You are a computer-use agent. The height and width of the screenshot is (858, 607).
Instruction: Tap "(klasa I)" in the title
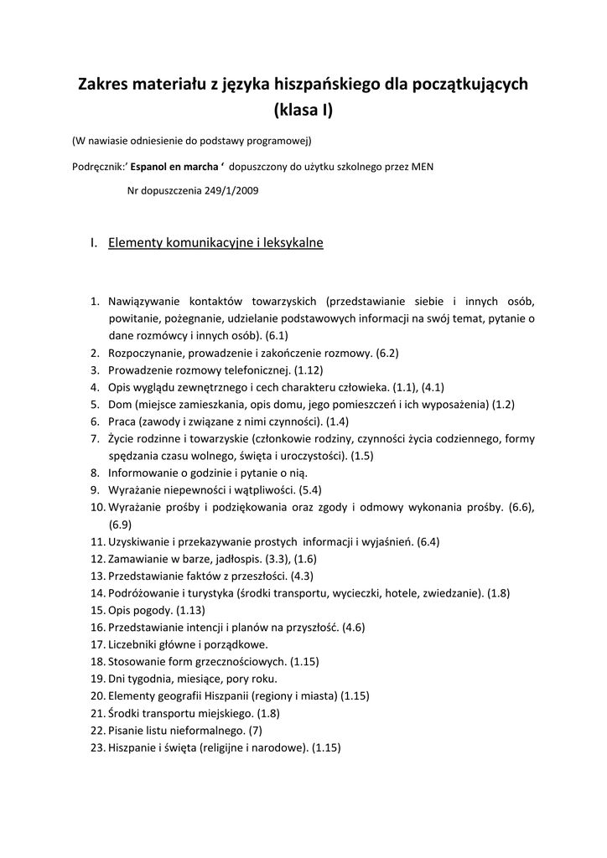pos(303,111)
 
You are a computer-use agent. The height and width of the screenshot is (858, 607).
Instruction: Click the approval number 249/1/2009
pos(226,190)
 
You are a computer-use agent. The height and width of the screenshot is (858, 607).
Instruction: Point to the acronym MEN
pos(423,166)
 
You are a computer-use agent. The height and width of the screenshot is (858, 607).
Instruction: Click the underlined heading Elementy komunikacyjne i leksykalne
pos(215,243)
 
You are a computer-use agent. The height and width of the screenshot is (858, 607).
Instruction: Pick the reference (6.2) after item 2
pos(387,353)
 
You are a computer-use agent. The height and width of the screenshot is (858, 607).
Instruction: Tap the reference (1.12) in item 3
pos(308,370)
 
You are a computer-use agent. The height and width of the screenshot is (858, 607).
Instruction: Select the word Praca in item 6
pos(122,421)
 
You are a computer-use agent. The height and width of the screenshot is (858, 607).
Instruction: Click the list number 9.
pos(96,490)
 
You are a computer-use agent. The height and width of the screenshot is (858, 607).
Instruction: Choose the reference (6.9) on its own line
pos(121,525)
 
